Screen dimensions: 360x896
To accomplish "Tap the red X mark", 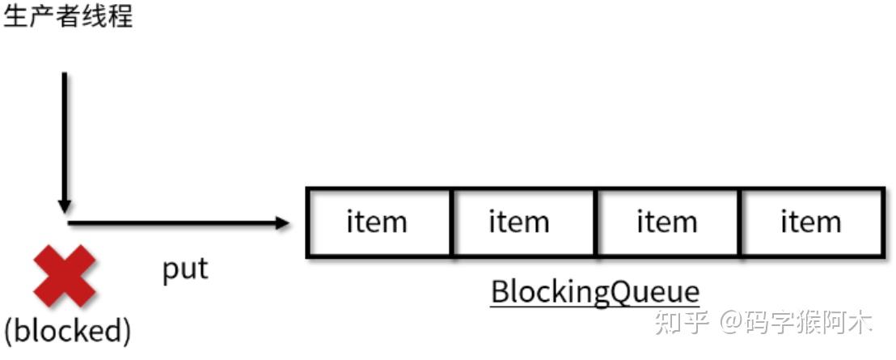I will point(64,277).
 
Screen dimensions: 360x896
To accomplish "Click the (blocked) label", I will point(67,330).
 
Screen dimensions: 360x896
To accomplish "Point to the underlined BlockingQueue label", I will point(595,292).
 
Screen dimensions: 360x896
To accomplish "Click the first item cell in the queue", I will point(378,222).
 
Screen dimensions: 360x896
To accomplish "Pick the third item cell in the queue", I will point(667,222).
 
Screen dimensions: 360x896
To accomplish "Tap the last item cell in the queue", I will point(810,222).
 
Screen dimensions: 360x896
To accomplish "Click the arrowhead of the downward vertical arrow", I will point(65,205).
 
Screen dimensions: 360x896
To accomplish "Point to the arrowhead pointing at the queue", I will point(282,222).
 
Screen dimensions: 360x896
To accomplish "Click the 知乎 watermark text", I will point(675,324).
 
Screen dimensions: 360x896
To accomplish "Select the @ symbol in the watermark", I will point(733,324).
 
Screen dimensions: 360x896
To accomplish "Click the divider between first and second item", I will point(451,222).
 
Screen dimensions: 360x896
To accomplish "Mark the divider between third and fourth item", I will point(740,222).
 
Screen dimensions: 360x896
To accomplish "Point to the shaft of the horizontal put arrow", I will point(170,222).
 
